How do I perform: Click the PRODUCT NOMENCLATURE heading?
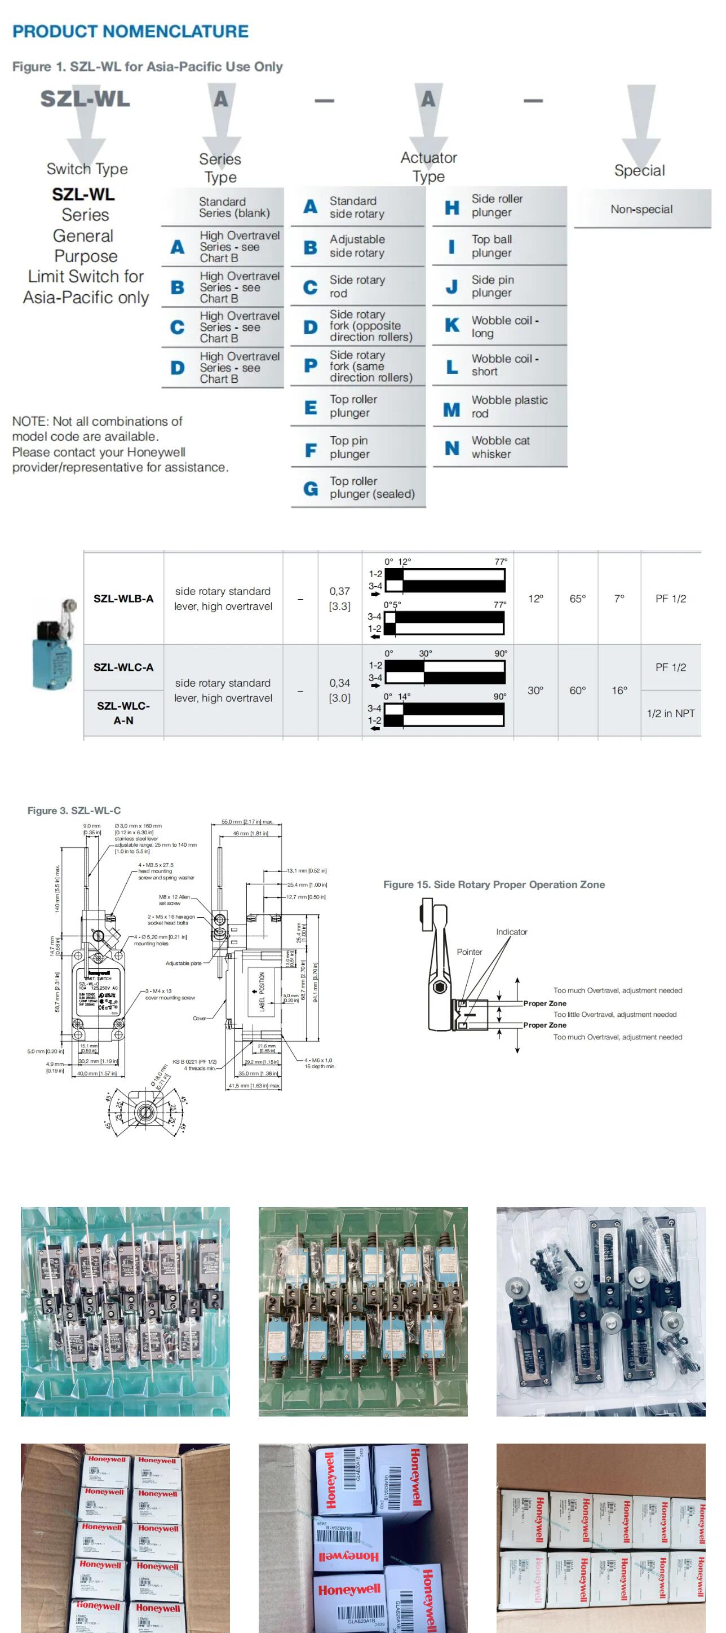tap(130, 31)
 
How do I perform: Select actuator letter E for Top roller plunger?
tap(310, 407)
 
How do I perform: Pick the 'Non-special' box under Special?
tap(641, 209)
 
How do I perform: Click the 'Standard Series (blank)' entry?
tap(234, 207)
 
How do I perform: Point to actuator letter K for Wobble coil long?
tap(451, 325)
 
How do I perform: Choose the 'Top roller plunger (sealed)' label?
tap(371, 488)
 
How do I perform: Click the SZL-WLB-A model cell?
tap(123, 599)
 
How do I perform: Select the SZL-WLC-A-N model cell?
tap(123, 712)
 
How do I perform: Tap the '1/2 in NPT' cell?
tap(670, 713)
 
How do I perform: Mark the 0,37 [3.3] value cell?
tap(339, 599)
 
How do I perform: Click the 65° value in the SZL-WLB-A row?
tap(577, 599)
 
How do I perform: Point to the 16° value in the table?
tap(619, 691)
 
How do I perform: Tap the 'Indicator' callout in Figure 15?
tap(511, 932)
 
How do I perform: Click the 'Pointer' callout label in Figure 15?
tap(469, 952)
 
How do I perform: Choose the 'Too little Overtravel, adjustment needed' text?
tap(614, 1014)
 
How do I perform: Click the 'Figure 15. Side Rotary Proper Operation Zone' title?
tap(493, 884)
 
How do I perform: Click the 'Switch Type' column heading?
tap(87, 169)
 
